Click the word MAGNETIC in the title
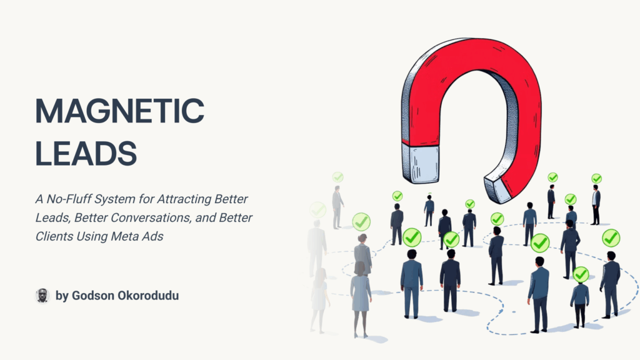coord(119,111)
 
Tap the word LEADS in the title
coord(86,154)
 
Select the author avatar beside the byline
coord(42,296)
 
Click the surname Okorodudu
coord(146,296)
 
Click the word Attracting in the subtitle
coord(183,199)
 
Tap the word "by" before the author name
coord(62,296)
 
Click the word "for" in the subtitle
coord(146,199)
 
